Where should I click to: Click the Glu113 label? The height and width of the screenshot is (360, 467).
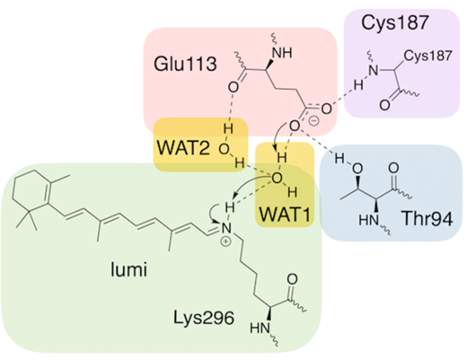(185, 64)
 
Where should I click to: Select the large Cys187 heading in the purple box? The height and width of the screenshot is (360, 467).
(395, 22)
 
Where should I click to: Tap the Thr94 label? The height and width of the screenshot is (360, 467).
(427, 218)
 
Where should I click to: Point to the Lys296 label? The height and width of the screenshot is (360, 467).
(204, 318)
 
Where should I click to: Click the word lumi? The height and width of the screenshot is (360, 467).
(129, 269)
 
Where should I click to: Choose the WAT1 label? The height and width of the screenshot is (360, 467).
(285, 215)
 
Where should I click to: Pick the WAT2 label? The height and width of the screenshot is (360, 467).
(183, 147)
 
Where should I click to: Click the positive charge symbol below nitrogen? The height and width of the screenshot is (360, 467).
(226, 242)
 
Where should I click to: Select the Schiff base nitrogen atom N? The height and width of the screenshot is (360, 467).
(226, 229)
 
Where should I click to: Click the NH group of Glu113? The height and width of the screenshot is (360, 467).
(282, 53)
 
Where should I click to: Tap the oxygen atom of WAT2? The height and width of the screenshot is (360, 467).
(224, 149)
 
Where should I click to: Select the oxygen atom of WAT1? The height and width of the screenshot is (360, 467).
(277, 179)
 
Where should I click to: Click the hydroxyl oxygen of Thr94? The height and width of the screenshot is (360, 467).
(357, 169)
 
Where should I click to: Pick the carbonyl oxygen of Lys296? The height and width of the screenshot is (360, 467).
(292, 279)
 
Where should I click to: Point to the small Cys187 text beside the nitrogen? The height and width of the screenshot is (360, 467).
(427, 56)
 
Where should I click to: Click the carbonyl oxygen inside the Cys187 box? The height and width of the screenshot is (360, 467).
(384, 105)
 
